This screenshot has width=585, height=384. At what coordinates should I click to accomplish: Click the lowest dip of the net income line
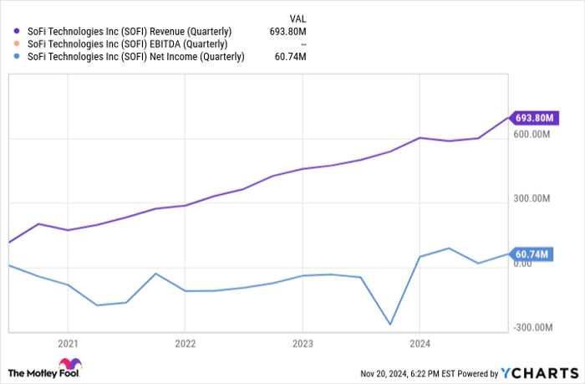coord(389,325)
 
